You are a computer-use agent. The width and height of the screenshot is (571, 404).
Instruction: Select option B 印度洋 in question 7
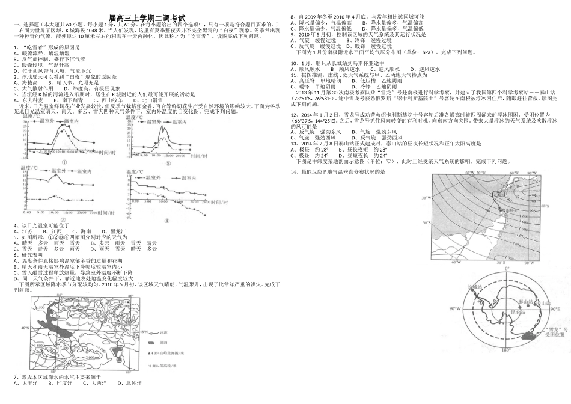click(61, 383)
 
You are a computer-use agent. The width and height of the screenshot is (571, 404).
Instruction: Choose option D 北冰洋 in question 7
click(130, 383)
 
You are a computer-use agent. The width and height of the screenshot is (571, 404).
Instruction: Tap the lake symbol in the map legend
click(153, 342)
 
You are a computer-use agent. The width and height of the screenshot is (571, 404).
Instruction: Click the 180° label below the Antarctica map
click(506, 350)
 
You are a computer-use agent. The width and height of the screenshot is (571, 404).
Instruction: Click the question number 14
click(294, 172)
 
